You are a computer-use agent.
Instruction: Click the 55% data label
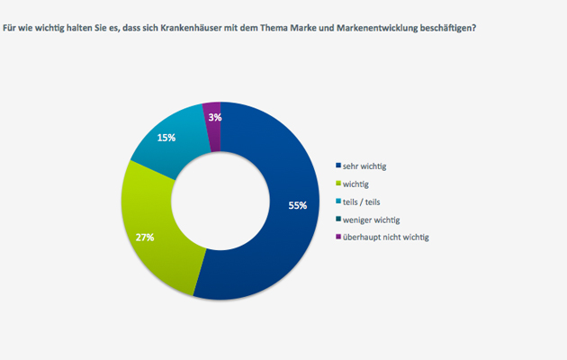[x=298, y=205]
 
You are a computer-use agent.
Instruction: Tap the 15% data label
[x=166, y=138]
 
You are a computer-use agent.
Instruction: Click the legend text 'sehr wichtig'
[x=366, y=166]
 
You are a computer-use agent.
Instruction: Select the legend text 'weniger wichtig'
[x=371, y=220]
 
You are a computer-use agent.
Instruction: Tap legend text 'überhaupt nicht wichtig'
[x=386, y=238]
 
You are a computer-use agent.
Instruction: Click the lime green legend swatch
[x=337, y=184]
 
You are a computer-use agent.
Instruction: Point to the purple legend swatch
[x=337, y=238]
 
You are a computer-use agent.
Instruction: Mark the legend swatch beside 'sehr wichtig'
[x=337, y=166]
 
